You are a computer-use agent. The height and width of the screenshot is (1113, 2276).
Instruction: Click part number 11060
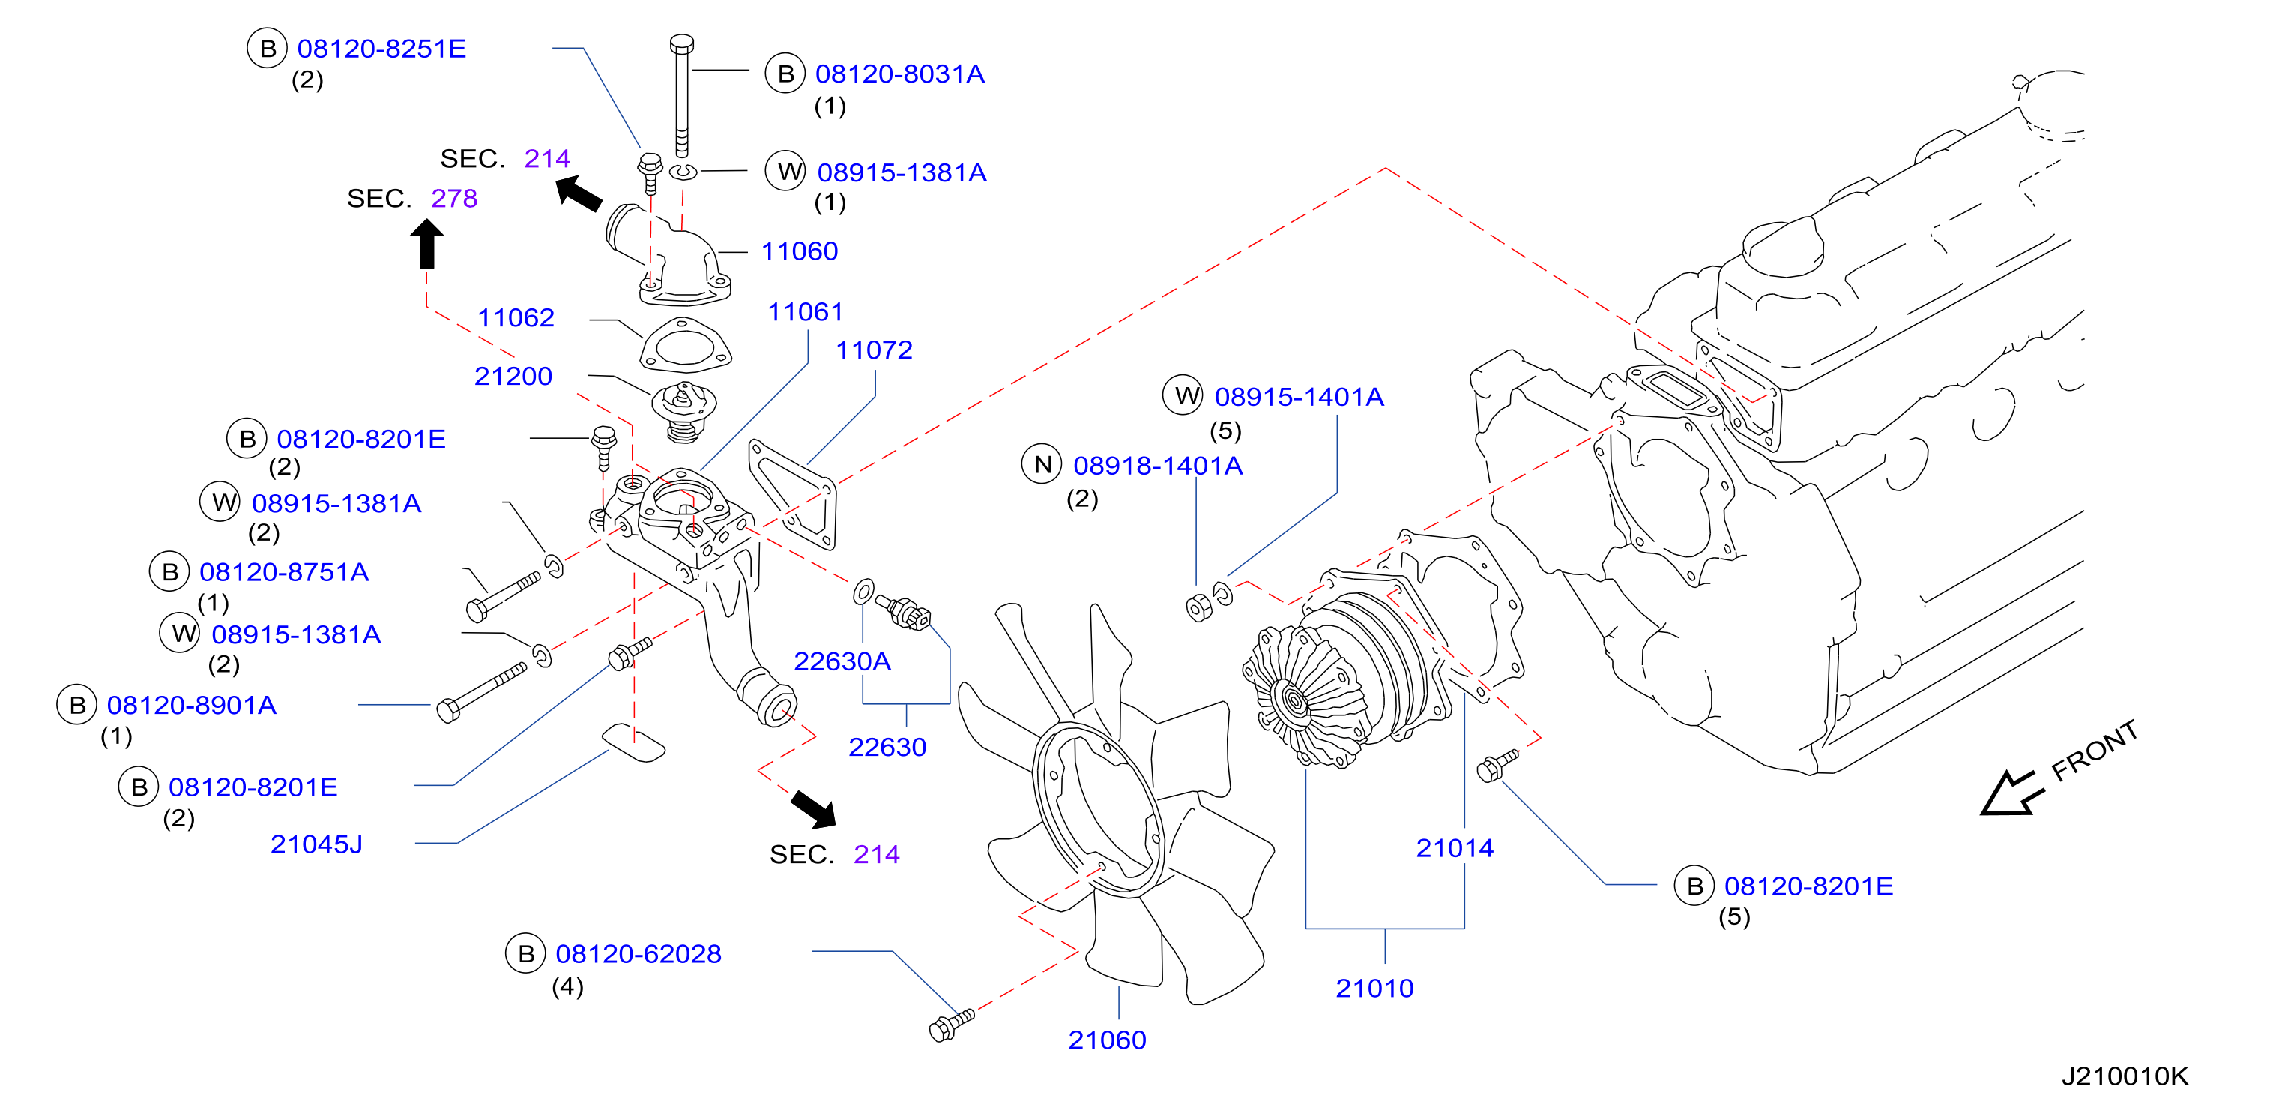(x=800, y=251)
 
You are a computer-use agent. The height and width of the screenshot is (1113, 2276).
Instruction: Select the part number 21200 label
(x=513, y=376)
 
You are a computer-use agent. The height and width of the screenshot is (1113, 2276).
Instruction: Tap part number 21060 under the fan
(x=1107, y=1039)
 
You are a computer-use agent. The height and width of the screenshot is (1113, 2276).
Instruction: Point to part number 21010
(x=1374, y=988)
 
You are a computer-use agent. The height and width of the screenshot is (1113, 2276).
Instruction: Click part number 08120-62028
(x=639, y=954)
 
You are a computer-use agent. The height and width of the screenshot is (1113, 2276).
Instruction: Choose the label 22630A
(x=842, y=661)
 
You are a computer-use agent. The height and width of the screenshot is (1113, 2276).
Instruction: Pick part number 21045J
(x=316, y=844)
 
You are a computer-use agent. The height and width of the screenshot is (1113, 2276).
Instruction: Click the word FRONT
(x=2095, y=751)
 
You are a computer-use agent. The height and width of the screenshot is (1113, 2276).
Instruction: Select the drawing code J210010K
(x=2125, y=1075)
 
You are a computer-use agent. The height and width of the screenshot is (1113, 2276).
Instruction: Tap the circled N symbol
(x=1042, y=465)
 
